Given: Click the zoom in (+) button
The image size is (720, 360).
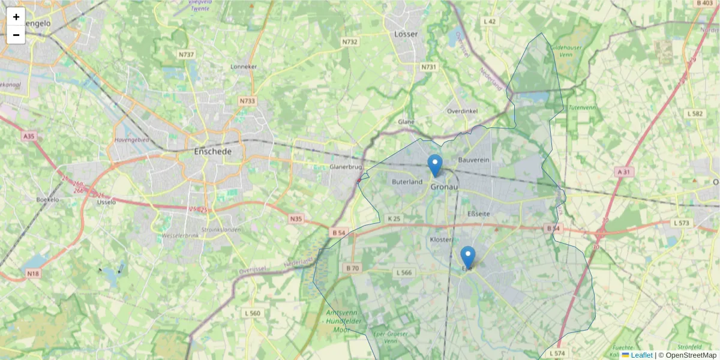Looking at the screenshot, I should pos(16,17).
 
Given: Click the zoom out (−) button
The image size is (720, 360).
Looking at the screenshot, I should pos(16,35).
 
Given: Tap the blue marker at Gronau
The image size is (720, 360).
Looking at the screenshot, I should pos(435,165).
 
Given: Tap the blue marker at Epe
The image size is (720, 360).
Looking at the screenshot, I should pos(467,257).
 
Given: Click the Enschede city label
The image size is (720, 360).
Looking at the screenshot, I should pos(212,152).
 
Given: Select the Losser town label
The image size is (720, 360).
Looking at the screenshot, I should pos(406,34).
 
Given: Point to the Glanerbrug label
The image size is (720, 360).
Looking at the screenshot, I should pos(346,167).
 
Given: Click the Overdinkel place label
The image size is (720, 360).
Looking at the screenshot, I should pos(462,111).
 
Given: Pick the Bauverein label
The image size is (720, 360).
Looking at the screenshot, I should pos(474,160).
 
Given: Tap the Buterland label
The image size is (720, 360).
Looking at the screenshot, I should pos(407,181).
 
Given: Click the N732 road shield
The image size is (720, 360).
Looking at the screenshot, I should pos(350,42).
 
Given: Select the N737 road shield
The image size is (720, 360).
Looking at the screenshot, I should pos(186,55).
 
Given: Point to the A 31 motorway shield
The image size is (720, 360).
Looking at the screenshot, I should pos(624,172).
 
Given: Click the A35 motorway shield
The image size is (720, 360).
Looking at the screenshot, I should pos(29,137).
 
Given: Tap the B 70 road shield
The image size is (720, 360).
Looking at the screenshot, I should pos(352,268).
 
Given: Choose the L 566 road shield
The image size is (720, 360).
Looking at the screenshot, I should pos(404,272).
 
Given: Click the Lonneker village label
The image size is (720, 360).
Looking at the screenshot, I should pos(244,67).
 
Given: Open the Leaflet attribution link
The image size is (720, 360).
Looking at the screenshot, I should pos(641,355).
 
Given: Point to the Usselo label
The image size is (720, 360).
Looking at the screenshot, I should pos(106,202).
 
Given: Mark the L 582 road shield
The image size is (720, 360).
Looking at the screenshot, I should pos(695,113).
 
